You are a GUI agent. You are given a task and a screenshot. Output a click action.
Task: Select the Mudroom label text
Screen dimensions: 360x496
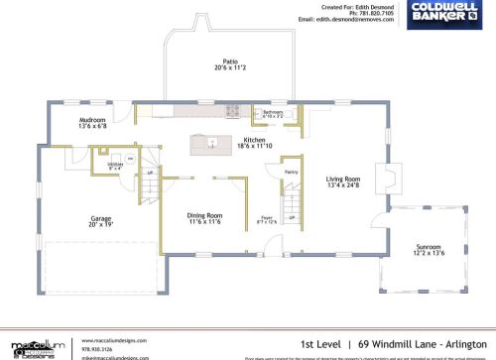click(x=92, y=120)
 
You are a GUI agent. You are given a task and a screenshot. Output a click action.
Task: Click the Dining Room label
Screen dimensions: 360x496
click(x=204, y=215)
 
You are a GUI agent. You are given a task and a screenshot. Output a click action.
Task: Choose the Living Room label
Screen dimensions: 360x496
click(x=343, y=180)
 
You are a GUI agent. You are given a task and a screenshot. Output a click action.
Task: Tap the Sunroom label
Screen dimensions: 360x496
click(x=429, y=246)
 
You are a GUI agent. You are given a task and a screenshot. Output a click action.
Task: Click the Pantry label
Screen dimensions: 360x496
click(x=292, y=173)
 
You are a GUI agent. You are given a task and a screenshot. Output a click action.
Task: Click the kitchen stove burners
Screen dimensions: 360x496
click(x=234, y=110)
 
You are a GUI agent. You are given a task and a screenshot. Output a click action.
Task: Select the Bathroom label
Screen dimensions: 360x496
click(x=273, y=112)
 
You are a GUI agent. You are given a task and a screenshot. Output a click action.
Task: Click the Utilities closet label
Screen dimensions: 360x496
click(x=114, y=164)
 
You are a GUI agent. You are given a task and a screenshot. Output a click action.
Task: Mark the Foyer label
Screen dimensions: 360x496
click(x=267, y=214)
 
